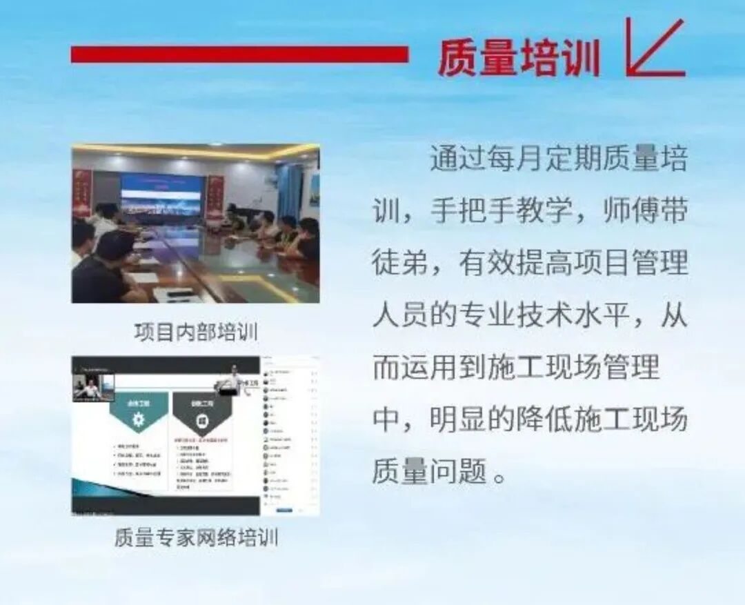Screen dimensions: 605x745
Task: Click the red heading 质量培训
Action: tap(519, 57)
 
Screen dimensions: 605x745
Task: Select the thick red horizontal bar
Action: tap(239, 54)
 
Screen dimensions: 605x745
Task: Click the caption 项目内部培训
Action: tap(196, 332)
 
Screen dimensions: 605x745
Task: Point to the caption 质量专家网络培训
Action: tap(196, 537)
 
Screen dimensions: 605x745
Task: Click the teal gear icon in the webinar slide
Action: tap(139, 419)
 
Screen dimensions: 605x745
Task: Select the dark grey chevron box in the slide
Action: tap(202, 414)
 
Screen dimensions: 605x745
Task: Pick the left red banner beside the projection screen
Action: tap(82, 193)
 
